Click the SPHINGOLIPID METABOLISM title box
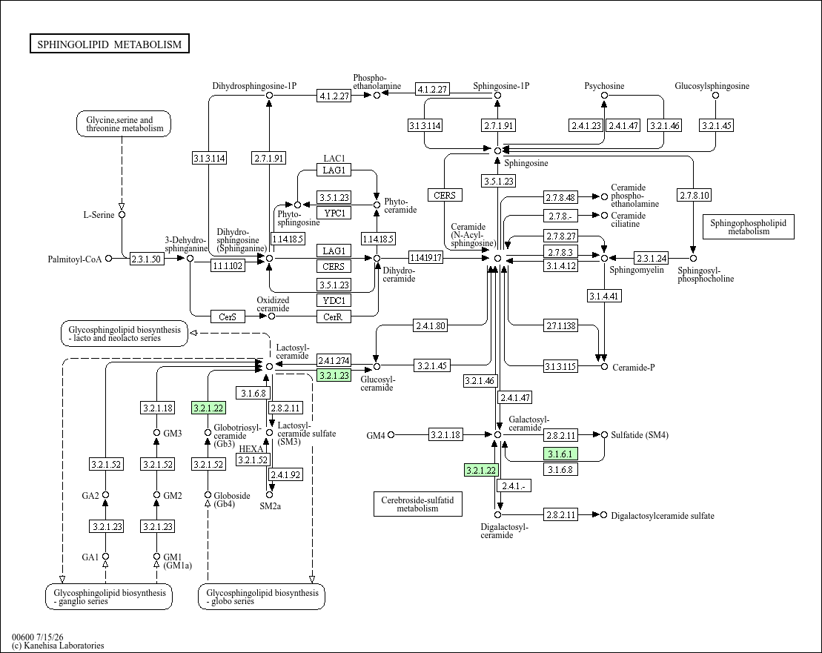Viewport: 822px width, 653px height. [x=110, y=44]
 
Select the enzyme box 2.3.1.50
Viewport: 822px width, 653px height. [x=146, y=259]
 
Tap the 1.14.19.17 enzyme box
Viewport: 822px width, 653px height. [x=425, y=258]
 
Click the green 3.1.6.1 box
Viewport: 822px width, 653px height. [x=560, y=454]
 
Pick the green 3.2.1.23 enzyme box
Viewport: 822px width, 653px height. [x=334, y=375]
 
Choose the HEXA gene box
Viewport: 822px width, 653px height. [x=251, y=449]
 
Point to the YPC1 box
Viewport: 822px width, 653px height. [x=334, y=213]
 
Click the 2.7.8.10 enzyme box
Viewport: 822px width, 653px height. [x=694, y=196]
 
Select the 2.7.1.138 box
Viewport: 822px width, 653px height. [x=560, y=326]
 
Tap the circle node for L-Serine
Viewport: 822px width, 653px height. [x=122, y=215]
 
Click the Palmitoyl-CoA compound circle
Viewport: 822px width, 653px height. [x=108, y=259]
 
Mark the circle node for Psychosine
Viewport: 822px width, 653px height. [x=604, y=96]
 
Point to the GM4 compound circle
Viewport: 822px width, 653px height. [x=391, y=434]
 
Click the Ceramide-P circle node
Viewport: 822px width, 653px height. [x=604, y=367]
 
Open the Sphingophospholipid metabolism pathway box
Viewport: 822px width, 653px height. [x=748, y=227]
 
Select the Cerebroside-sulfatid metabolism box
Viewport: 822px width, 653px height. [x=418, y=504]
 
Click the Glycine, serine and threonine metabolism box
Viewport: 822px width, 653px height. [x=125, y=125]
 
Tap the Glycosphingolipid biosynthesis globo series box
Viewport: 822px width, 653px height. [x=262, y=597]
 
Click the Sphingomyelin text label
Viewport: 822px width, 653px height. [x=637, y=270]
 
